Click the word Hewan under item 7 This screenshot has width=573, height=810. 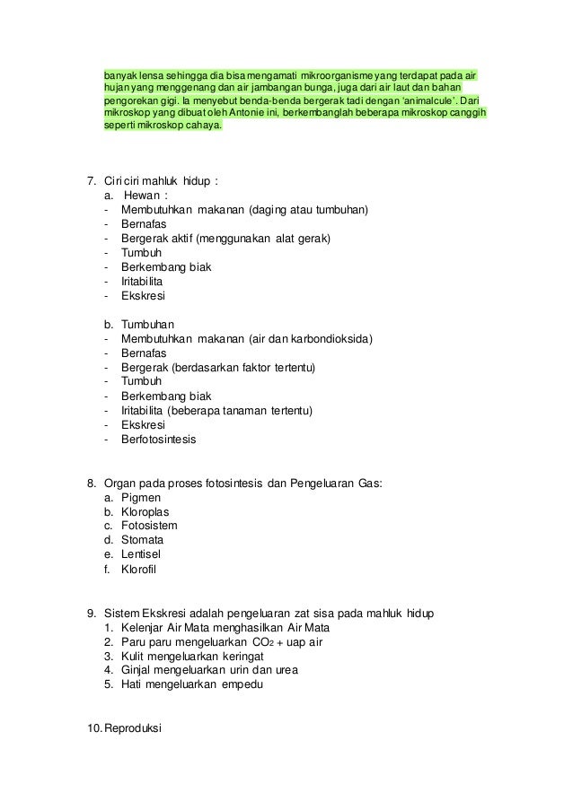click(x=142, y=196)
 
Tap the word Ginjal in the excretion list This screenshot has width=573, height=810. click(x=138, y=669)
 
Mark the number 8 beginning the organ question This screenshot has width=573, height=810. click(x=91, y=482)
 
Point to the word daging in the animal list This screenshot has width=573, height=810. click(x=272, y=210)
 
